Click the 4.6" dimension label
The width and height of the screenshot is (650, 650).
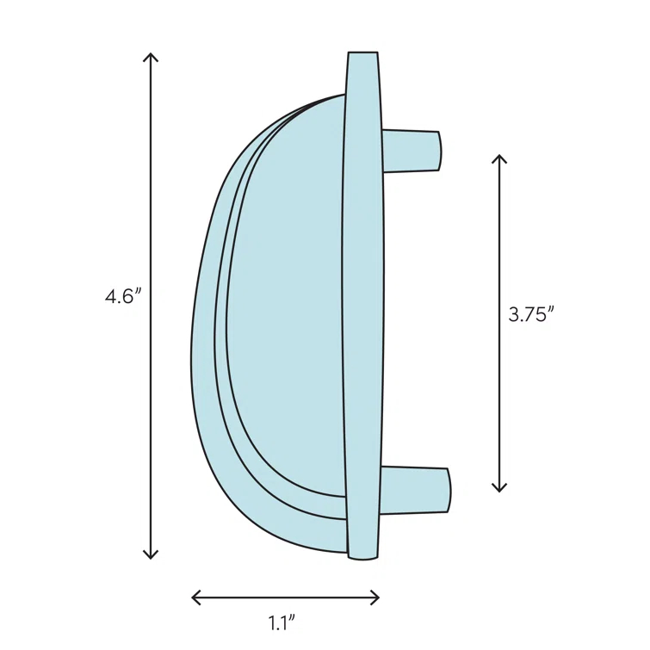(x=122, y=297)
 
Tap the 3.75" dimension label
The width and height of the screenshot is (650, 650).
(x=529, y=315)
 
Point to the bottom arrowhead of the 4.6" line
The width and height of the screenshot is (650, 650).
(x=152, y=555)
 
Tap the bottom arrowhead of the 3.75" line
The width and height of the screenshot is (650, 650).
(x=499, y=489)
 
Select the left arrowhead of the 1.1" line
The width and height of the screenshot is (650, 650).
(x=195, y=597)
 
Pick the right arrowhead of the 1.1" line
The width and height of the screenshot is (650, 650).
(x=376, y=597)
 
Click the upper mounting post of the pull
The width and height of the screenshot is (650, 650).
(x=410, y=151)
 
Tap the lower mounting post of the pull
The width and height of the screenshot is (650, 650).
(x=413, y=490)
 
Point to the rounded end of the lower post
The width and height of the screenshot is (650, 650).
(x=448, y=490)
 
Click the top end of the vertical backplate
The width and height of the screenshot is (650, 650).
(x=362, y=56)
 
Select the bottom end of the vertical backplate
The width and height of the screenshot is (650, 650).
(x=362, y=555)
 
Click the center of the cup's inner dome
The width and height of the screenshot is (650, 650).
(x=288, y=310)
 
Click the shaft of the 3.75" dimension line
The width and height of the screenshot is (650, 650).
(x=499, y=258)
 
